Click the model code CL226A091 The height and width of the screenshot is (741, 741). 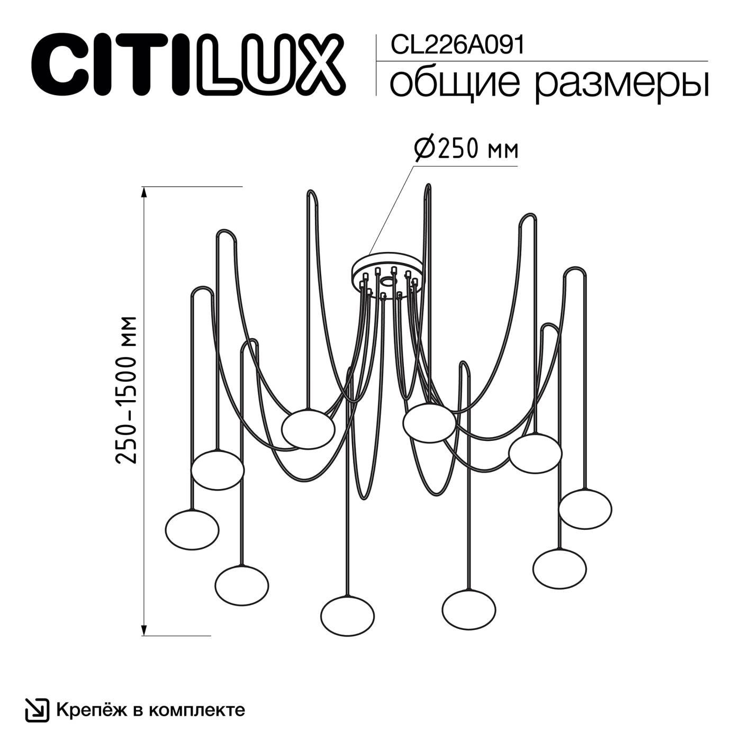click(457, 46)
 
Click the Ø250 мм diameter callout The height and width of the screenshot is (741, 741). click(465, 150)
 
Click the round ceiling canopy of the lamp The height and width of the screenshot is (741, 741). click(388, 270)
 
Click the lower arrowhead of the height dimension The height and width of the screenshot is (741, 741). click(144, 629)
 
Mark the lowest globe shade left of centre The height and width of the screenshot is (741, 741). click(347, 616)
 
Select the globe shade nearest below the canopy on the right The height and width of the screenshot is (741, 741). click(429, 422)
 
